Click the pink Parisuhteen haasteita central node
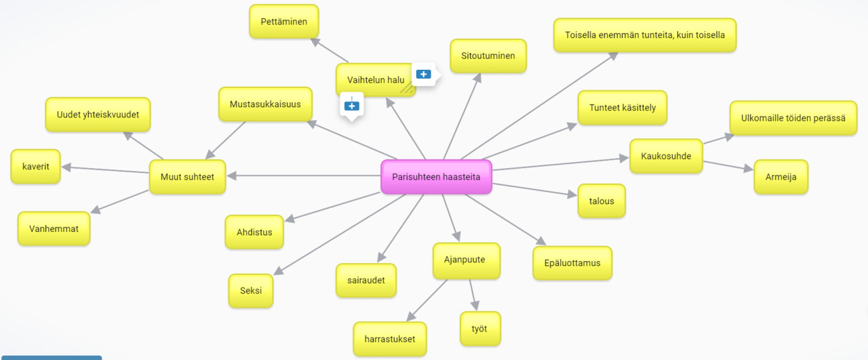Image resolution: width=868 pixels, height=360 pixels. coord(436,177)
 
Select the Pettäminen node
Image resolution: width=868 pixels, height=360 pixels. coord(283,22)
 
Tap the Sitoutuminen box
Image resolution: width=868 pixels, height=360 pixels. coord(488,56)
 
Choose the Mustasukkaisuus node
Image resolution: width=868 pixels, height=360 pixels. coord(265,104)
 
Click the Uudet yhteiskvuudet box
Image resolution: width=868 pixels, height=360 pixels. coord(98,115)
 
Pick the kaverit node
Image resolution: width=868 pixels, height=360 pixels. coord(35,167)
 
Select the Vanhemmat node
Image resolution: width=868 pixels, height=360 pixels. coord(54,229)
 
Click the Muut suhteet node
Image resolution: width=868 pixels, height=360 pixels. coord(187,177)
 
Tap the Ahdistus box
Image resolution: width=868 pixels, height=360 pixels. coord(254,232)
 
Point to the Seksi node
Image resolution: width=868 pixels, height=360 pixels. coord(251,291)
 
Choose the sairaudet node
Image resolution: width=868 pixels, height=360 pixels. coord(366,281)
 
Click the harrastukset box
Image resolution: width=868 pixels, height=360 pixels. coord(390,339)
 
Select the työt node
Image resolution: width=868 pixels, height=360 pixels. coord(480,329)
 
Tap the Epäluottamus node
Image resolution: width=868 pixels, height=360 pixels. coord(572,263)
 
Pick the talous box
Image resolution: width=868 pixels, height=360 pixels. coord(601,201)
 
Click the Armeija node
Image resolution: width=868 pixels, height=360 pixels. coord(781,177)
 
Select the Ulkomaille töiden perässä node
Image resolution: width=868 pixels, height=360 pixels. coord(793,118)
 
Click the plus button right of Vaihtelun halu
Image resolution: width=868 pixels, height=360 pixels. coord(424,74)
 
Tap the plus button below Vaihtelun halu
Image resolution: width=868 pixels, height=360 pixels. coord(351,106)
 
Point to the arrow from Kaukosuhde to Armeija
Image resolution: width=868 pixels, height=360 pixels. coord(728,166)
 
